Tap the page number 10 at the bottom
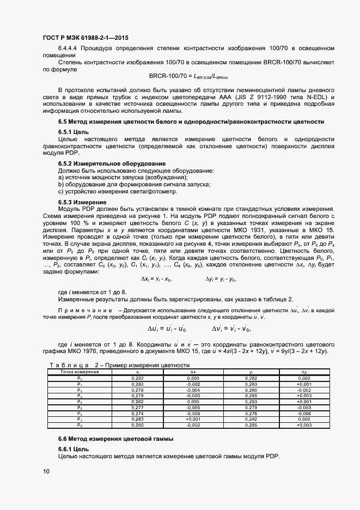coord(46,471)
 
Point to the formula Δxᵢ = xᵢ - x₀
coord(156,279)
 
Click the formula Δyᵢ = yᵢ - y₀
coord(221,279)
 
